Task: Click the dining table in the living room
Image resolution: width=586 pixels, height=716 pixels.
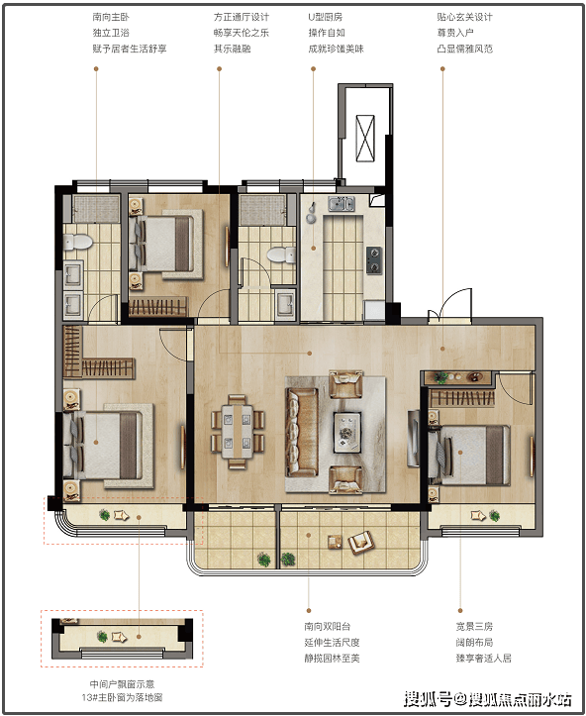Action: pyautogui.click(x=238, y=432)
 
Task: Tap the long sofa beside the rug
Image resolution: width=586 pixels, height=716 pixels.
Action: pyautogui.click(x=301, y=432)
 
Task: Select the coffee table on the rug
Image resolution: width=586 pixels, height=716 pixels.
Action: pyautogui.click(x=347, y=432)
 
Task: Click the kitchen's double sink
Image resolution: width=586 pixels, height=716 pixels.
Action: pyautogui.click(x=342, y=204)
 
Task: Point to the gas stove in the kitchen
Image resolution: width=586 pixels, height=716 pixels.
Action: pyautogui.click(x=374, y=259)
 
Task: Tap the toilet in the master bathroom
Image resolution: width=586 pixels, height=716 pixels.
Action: pyautogui.click(x=77, y=242)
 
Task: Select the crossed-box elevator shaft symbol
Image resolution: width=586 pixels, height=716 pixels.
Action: pyautogui.click(x=365, y=139)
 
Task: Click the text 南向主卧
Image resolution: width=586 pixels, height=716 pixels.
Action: pyautogui.click(x=111, y=18)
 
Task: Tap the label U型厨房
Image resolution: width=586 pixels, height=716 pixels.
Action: pyautogui.click(x=326, y=18)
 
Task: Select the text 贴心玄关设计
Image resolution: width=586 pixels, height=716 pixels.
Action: pyautogui.click(x=464, y=18)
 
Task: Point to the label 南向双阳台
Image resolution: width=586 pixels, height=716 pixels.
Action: pyautogui.click(x=328, y=627)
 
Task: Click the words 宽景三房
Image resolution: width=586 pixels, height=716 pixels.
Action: pyautogui.click(x=474, y=627)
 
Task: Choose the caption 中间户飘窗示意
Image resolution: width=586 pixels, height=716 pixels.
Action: pyautogui.click(x=122, y=684)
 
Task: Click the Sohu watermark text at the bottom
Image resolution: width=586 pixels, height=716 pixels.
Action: pyautogui.click(x=487, y=699)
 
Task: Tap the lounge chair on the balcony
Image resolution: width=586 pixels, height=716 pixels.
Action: pyautogui.click(x=361, y=542)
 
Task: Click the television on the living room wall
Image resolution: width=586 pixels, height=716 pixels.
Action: pyautogui.click(x=414, y=438)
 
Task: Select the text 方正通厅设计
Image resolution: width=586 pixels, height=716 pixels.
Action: pyautogui.click(x=242, y=18)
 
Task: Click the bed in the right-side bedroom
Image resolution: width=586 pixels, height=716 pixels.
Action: pyautogui.click(x=469, y=455)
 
